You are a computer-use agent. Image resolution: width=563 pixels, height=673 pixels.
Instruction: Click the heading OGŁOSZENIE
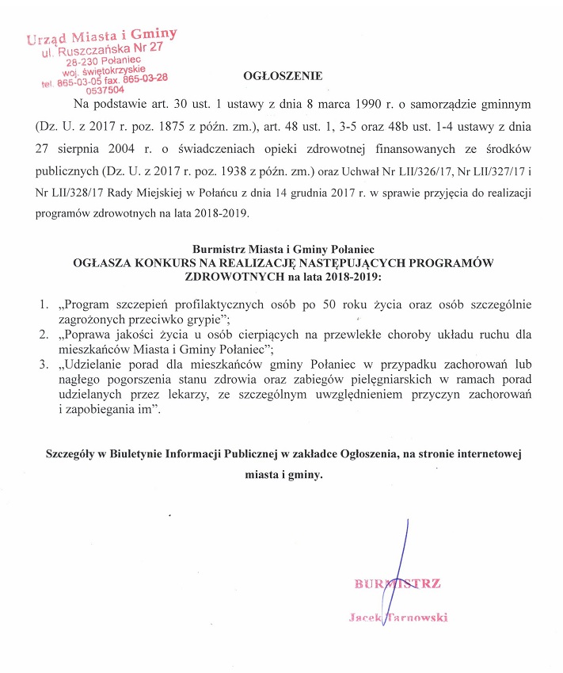point(283,77)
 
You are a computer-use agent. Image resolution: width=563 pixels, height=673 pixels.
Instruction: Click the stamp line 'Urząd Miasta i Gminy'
point(101,36)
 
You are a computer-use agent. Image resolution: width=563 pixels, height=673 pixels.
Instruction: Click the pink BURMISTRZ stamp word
point(398,584)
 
